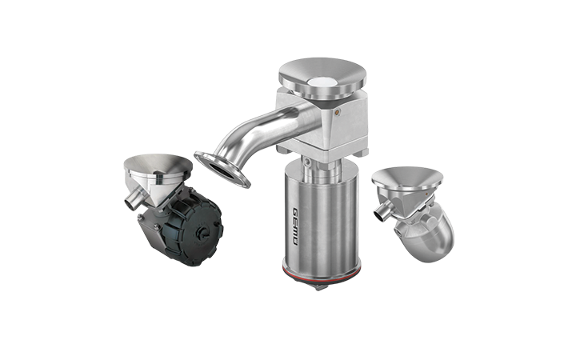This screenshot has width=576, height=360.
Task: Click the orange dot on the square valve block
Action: click(x=337, y=110)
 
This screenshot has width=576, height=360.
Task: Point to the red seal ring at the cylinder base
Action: click(x=320, y=272)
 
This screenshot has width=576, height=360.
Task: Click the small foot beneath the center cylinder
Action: click(x=320, y=287)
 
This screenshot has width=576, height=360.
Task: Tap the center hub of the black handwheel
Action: click(x=202, y=233)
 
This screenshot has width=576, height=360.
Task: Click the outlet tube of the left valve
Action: click(x=133, y=198)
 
